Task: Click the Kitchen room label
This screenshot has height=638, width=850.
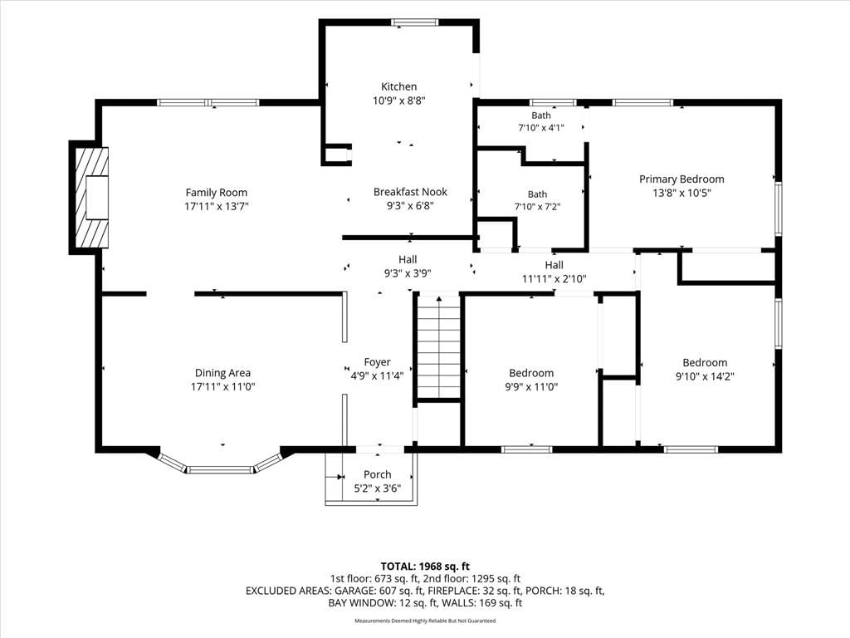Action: coord(399,86)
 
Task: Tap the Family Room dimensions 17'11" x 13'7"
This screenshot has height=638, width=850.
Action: coord(217,206)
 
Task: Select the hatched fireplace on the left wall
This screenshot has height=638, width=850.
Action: coord(91,198)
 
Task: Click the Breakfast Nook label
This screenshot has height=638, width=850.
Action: coord(410,192)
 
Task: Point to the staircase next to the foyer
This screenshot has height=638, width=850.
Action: coord(439,346)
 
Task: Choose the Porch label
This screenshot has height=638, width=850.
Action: coord(378,474)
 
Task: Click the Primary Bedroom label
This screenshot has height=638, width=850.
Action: coord(681,179)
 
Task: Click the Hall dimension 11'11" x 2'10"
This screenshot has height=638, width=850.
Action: coord(554,279)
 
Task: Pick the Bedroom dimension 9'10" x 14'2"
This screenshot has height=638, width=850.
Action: coord(705,376)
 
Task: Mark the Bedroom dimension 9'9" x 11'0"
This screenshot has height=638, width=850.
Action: coord(531,387)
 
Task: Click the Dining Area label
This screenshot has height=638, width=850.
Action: coord(222,373)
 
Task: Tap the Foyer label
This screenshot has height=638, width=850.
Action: coord(378,362)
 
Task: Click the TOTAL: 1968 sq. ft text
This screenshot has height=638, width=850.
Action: coord(425,567)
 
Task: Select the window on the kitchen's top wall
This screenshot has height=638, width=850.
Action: coord(415,22)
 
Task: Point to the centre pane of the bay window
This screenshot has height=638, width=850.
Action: coord(221,469)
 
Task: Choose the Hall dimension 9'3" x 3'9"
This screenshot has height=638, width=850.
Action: coord(408,273)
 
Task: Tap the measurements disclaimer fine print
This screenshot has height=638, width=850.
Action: coord(425,621)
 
